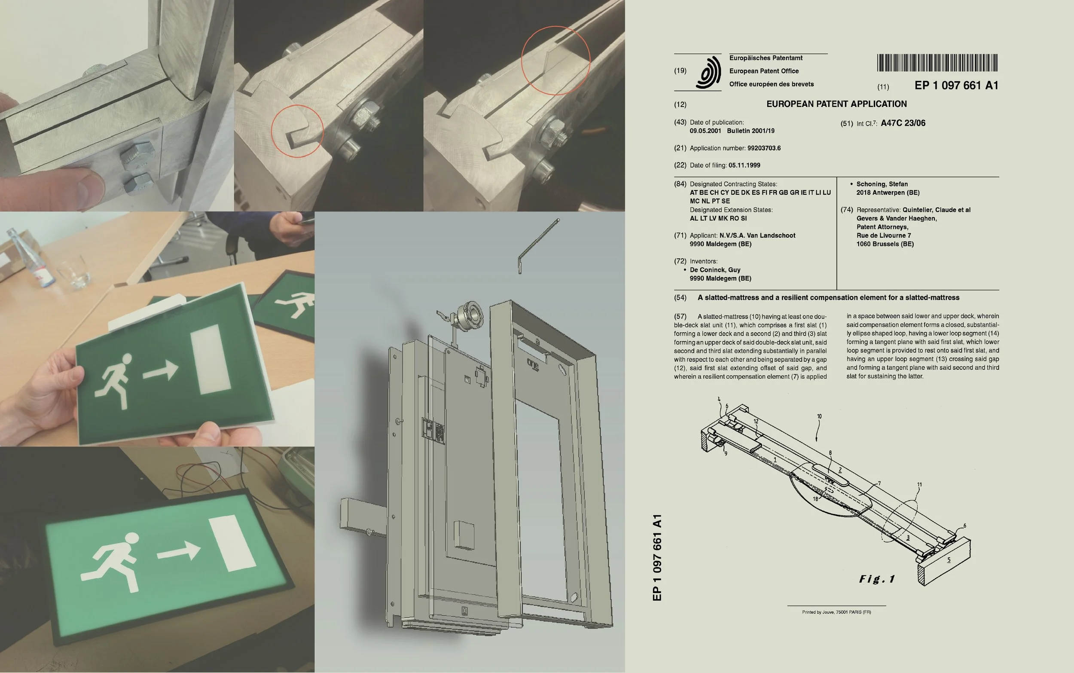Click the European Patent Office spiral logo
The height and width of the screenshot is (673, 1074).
708,72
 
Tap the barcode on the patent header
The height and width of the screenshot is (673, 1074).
937,63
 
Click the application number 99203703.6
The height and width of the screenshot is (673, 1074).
764,148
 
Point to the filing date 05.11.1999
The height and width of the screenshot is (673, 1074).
744,165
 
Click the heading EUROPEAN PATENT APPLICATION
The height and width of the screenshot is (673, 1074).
836,104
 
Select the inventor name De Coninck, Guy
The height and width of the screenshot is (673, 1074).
715,270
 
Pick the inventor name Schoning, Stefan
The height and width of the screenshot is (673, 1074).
882,184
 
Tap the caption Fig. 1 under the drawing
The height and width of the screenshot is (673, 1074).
877,578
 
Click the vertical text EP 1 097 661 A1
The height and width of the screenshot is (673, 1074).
657,558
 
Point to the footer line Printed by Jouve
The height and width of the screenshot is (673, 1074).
836,612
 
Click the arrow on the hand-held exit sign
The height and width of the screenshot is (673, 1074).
161,371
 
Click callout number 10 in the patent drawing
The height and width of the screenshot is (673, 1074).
819,416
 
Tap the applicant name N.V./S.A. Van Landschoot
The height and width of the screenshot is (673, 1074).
757,236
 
